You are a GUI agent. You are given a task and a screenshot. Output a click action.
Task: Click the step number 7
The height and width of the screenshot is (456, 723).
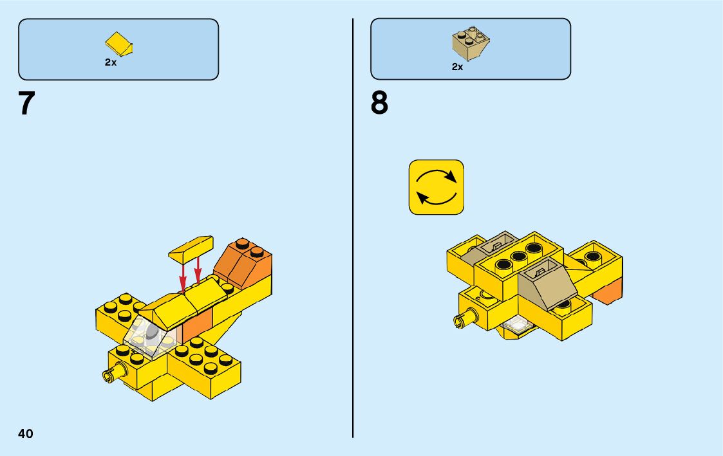(26, 104)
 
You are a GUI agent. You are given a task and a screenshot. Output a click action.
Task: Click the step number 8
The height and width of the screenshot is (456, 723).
(379, 104)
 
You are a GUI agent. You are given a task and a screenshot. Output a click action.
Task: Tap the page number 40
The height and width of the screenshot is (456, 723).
(25, 433)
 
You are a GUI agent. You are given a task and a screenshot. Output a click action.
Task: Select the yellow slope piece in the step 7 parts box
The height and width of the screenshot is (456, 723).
(118, 44)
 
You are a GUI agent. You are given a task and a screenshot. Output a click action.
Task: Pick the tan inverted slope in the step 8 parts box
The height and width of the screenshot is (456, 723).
(471, 42)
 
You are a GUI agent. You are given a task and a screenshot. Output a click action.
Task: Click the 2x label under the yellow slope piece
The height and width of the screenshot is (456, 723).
(111, 63)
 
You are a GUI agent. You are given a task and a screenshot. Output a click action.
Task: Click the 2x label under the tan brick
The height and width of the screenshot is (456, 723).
(457, 66)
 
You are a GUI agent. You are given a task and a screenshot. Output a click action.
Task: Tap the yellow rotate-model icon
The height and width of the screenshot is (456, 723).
(437, 187)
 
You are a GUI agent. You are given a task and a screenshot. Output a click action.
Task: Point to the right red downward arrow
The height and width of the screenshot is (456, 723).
(198, 270)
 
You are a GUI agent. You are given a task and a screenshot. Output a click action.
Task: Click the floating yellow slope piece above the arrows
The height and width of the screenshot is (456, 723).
(191, 248)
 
